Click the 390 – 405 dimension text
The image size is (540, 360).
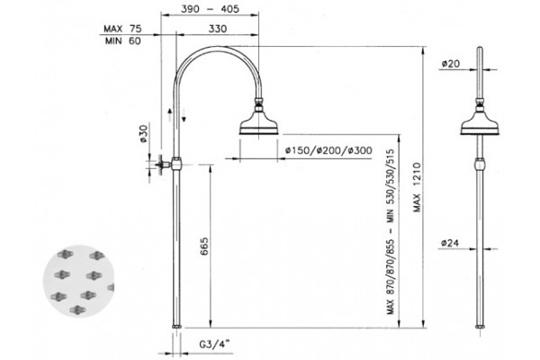pos(210,9)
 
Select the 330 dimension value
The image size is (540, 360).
pos(217,29)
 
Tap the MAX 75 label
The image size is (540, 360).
pos(122,29)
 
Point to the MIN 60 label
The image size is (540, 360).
pos(123,41)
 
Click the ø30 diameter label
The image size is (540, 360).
pos(143,134)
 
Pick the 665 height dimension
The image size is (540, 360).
pos(204,247)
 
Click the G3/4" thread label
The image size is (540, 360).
pos(214,344)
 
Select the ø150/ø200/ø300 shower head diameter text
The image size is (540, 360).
pos(328,150)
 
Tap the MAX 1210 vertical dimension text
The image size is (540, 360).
pos(417,187)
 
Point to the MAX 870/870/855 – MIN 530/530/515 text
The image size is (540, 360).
pos(391,231)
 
